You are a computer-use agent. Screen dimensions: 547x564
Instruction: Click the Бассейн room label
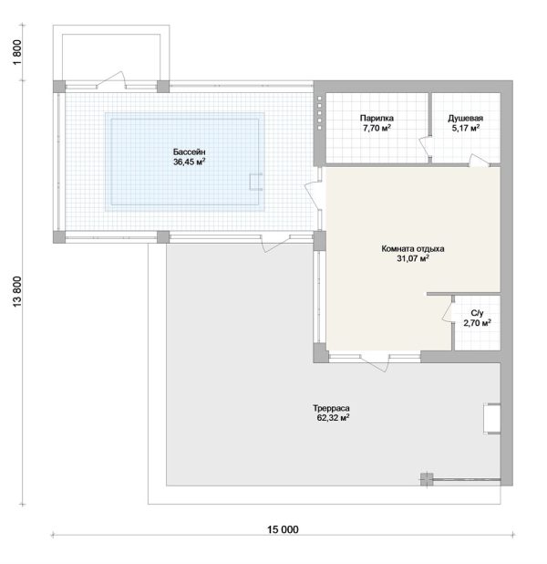190,151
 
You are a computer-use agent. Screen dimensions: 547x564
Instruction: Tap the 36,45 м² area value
190,162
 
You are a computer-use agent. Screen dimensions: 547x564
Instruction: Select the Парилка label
377,118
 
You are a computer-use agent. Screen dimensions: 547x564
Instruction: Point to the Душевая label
466,118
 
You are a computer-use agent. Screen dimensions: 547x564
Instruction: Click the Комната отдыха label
413,248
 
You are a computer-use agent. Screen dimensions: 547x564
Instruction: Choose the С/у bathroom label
477,313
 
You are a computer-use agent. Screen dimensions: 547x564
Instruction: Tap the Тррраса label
331,408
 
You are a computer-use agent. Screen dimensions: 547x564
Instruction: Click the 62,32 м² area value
333,418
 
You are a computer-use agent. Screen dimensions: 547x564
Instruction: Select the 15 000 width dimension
283,529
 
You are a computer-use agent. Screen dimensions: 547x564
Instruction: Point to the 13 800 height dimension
17,292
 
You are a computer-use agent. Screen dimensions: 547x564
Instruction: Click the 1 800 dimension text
17,53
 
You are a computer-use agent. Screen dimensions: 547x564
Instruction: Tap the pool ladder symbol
256,182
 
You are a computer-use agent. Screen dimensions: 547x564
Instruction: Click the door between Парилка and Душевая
426,146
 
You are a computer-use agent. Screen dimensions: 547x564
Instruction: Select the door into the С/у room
448,310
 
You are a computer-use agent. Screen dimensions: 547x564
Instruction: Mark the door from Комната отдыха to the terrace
375,362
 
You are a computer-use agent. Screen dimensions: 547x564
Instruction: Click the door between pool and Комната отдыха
313,195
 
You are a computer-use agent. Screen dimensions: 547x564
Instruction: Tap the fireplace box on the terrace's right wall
491,418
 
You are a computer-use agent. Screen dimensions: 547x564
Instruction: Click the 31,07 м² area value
413,258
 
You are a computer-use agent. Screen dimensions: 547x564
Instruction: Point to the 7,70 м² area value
377,128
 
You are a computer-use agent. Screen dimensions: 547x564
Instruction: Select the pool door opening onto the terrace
275,244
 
